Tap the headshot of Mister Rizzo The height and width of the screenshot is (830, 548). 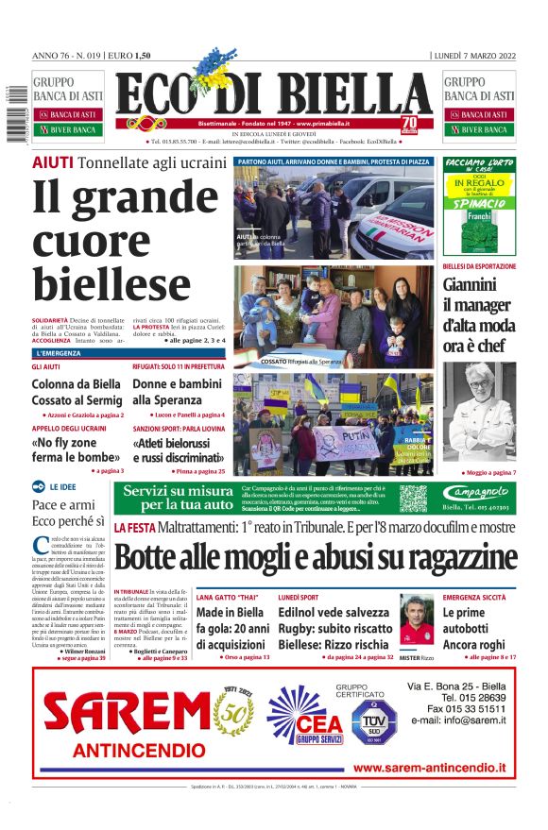[x=416, y=618]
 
